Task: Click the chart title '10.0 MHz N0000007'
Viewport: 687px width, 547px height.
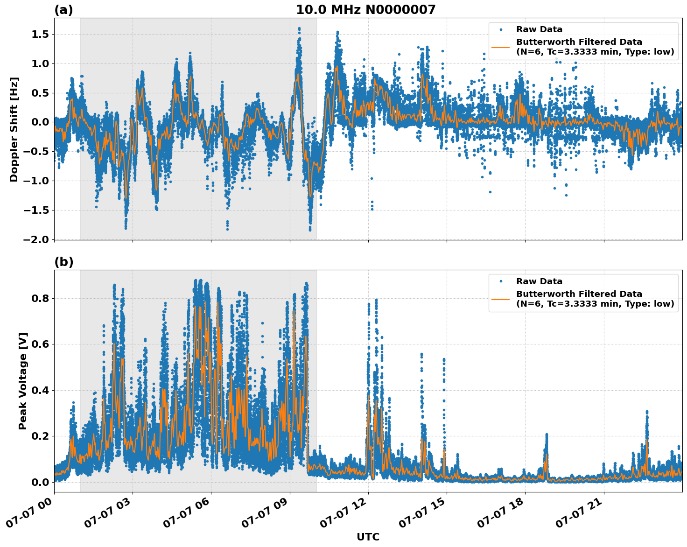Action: tap(365, 10)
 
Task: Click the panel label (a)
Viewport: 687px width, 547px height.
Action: tap(63, 10)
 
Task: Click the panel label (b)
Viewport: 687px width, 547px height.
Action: tap(63, 262)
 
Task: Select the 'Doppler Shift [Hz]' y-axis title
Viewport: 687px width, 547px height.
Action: tap(14, 129)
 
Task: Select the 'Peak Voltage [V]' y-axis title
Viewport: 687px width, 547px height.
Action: tap(23, 381)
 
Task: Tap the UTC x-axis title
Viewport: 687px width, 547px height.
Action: tap(368, 537)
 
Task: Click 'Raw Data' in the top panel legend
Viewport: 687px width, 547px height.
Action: tap(539, 30)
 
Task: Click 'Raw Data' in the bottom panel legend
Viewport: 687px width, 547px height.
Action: tap(539, 281)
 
